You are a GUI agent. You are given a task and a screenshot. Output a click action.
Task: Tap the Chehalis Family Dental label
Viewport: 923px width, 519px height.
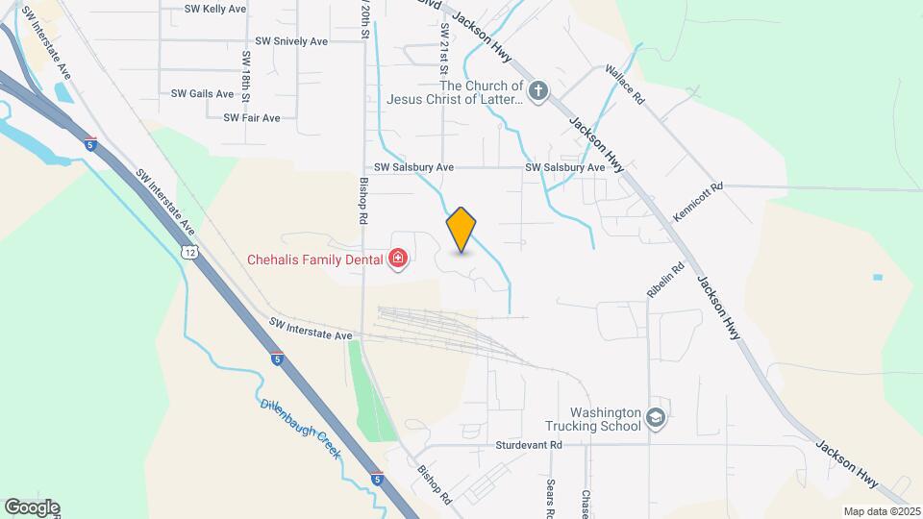(x=315, y=259)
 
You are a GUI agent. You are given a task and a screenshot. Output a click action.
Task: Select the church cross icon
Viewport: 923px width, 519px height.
(x=538, y=92)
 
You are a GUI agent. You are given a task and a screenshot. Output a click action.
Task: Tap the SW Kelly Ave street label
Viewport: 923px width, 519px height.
(x=215, y=9)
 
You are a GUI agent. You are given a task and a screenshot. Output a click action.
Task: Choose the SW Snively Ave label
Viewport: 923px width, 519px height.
(x=292, y=42)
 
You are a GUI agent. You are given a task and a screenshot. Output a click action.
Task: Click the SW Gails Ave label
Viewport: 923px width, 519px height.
(x=202, y=94)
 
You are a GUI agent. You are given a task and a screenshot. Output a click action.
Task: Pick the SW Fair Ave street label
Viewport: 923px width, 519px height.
(x=251, y=118)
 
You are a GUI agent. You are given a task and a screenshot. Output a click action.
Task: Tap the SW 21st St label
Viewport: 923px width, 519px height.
(x=444, y=57)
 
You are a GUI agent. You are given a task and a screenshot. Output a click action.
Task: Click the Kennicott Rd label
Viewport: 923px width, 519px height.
(x=697, y=204)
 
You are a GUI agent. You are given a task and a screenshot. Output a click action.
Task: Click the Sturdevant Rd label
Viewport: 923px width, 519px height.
(x=529, y=446)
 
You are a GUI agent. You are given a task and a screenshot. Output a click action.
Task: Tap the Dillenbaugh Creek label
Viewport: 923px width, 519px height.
(x=300, y=429)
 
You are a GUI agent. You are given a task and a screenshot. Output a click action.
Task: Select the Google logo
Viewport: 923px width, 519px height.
(x=32, y=507)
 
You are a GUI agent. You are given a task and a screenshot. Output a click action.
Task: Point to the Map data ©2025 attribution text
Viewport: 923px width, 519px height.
(x=881, y=511)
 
